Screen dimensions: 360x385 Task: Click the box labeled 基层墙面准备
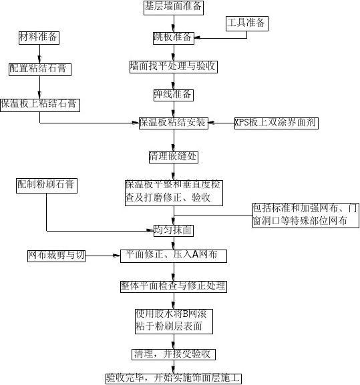tap(174, 7)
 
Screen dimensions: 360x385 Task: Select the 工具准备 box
tap(247, 23)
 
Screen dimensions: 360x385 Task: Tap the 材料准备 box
tap(39, 38)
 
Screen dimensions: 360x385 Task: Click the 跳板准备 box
tap(174, 38)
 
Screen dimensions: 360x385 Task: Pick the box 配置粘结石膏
tap(40, 69)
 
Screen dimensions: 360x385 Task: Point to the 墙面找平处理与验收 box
tap(174, 67)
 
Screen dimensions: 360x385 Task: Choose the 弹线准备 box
tap(174, 95)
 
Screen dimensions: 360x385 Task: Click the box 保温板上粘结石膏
tap(40, 105)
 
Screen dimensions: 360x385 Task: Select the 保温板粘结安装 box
tap(174, 123)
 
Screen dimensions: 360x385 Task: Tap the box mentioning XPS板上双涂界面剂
tap(277, 123)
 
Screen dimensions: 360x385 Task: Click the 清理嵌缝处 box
tap(174, 157)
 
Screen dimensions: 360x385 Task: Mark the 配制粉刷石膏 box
tap(47, 185)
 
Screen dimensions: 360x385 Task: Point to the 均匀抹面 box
tap(174, 231)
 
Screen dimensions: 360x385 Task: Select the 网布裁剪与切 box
tap(56, 256)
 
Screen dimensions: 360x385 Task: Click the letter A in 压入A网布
tap(195, 255)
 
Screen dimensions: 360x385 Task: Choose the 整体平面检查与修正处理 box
tap(174, 286)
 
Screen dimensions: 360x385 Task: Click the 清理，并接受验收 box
tap(174, 354)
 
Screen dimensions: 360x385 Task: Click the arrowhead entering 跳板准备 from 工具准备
tap(197, 38)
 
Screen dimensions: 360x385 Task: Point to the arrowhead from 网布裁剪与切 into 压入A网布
tap(117, 256)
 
